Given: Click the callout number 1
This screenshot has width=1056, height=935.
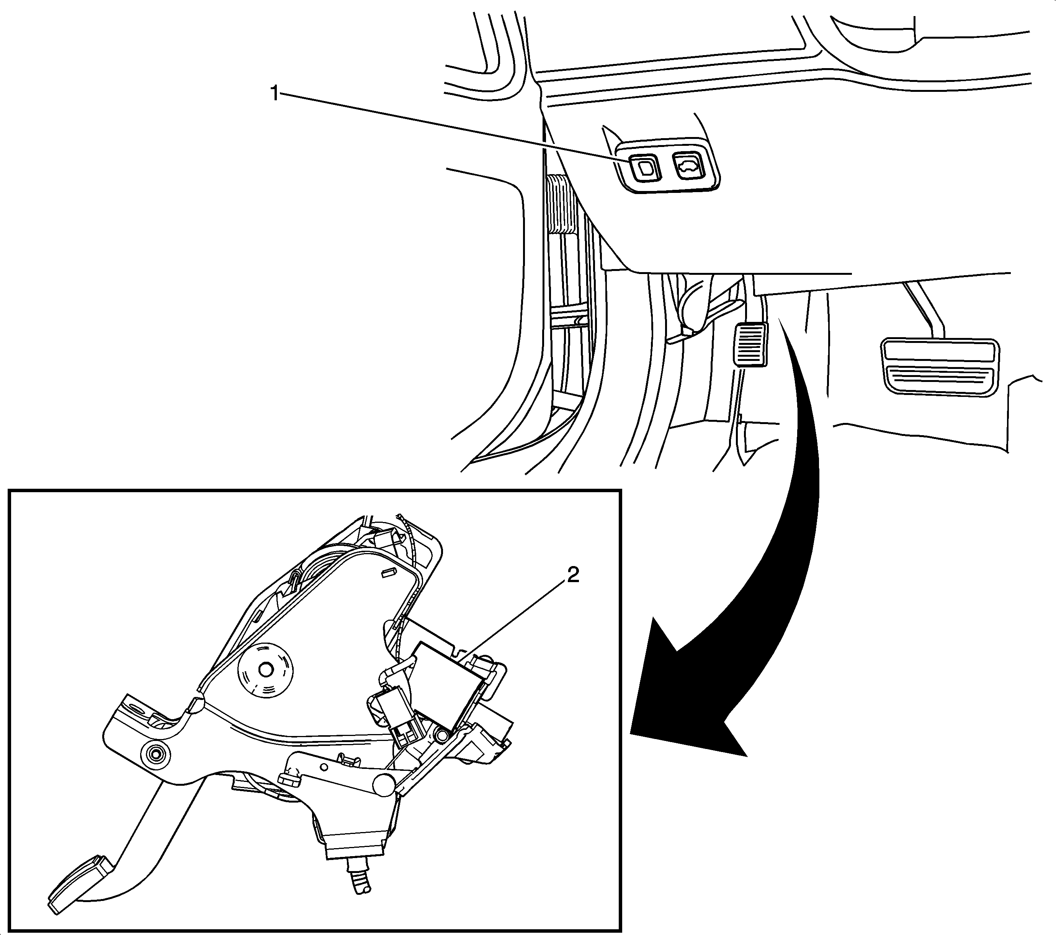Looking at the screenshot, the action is click(275, 94).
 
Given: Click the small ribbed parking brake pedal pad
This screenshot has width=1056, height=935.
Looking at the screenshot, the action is click(750, 344).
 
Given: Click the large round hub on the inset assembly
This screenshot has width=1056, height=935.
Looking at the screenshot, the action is click(265, 670).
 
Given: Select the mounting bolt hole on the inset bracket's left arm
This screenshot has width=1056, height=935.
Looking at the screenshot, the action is click(154, 754).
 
